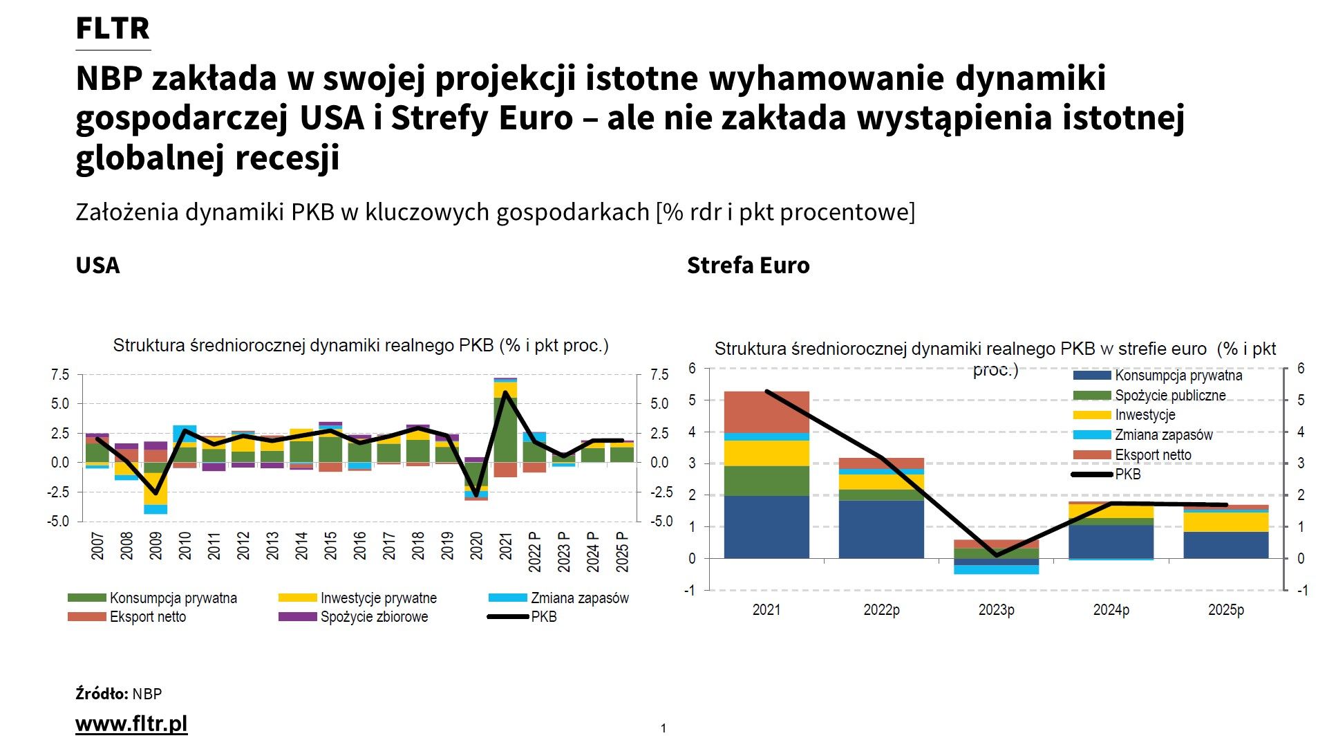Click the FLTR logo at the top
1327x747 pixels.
(113, 28)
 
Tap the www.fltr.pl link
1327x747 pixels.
(131, 723)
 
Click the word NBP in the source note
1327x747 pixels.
(147, 694)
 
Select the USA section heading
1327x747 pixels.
(97, 265)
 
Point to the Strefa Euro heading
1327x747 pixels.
(748, 265)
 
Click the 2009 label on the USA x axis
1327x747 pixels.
(156, 546)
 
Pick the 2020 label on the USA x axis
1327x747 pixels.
(476, 546)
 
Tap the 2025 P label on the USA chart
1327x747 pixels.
(622, 551)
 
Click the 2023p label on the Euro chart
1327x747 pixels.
(996, 610)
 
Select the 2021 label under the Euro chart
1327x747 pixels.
(766, 610)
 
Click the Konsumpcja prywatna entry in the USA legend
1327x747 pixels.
(173, 598)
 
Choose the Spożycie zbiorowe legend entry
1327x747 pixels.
(374, 617)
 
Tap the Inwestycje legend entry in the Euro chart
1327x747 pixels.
(1145, 415)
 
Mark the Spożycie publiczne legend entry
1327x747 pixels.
(1169, 396)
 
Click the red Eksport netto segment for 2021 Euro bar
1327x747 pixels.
(766, 412)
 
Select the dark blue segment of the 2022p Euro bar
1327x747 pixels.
(881, 529)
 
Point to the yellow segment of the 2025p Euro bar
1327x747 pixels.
(1225, 522)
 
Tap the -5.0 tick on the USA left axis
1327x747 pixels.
(59, 522)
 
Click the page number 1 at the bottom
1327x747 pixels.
(663, 728)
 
